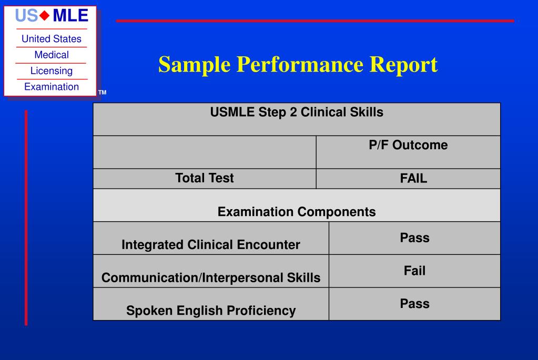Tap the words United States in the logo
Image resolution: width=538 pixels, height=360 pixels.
click(x=51, y=39)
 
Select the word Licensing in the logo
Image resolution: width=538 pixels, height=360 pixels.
click(x=51, y=70)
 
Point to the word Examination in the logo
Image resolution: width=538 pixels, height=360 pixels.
click(x=51, y=87)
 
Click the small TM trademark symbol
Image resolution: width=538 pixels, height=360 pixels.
click(x=102, y=93)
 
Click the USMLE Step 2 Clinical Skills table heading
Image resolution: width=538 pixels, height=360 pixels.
click(x=297, y=112)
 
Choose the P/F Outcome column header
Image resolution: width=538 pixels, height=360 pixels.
click(x=408, y=145)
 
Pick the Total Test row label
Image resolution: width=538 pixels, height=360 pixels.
click(x=205, y=178)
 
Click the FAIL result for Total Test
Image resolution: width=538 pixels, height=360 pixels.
click(x=413, y=179)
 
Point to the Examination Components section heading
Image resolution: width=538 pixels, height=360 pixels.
click(x=297, y=212)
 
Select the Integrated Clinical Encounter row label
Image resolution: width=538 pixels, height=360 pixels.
click(x=211, y=244)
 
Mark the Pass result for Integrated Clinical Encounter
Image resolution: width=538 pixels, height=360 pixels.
click(x=414, y=238)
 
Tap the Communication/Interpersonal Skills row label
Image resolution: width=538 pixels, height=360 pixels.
click(x=211, y=278)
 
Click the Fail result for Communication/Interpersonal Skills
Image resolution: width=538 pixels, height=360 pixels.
click(x=414, y=271)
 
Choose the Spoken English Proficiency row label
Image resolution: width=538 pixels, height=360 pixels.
click(x=211, y=311)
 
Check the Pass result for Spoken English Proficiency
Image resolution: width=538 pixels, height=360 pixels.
click(x=414, y=304)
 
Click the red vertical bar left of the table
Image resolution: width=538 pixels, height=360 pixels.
click(x=26, y=218)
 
